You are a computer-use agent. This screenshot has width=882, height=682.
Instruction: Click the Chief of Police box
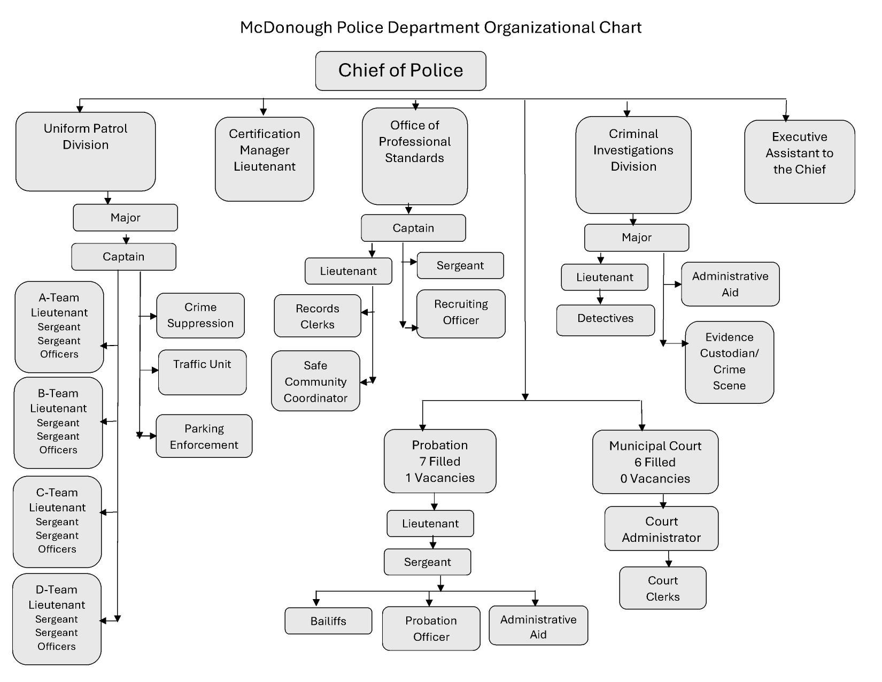(400, 71)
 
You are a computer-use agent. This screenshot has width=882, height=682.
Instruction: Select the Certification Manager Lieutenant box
(264, 159)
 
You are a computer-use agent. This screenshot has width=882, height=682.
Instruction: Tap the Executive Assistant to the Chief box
(799, 161)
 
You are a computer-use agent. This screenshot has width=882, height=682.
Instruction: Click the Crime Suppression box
(200, 315)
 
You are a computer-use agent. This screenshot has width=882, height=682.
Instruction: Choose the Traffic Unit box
(202, 372)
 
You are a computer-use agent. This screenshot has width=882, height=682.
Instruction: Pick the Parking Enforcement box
(204, 436)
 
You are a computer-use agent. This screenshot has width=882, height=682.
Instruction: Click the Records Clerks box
(318, 316)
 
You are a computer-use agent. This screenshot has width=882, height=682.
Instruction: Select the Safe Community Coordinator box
(315, 381)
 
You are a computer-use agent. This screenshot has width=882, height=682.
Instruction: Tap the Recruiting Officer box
(461, 313)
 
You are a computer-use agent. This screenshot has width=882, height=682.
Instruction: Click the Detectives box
(605, 320)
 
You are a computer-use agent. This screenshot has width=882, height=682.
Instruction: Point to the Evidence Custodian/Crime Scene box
(729, 362)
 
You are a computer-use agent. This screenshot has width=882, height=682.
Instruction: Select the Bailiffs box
(328, 620)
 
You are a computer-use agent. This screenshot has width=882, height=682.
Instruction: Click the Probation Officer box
(431, 628)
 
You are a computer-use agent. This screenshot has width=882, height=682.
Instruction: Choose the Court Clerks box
(662, 587)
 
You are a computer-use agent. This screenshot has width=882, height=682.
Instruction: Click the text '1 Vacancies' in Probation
(440, 478)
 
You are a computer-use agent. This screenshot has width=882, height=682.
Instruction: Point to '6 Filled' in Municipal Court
(655, 462)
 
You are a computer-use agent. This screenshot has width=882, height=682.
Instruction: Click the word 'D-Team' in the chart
(57, 589)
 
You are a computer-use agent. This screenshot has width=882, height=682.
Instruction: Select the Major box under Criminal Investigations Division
(636, 237)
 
